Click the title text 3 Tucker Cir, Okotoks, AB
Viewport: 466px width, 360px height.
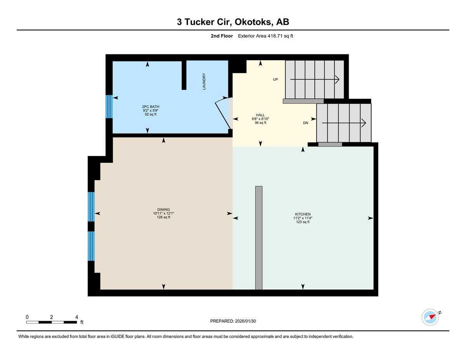coord(233,22)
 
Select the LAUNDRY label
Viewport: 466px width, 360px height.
coord(204,82)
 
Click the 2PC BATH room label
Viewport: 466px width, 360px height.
coord(151,110)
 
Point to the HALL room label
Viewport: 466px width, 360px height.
coord(260,119)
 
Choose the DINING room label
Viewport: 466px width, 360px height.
coord(163,213)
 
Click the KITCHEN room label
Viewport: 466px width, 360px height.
coord(303,218)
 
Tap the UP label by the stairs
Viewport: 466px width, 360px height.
coord(275,80)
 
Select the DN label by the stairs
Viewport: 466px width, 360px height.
coord(306,123)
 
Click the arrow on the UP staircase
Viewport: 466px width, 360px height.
coord(315,80)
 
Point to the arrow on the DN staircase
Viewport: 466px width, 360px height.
coord(344,123)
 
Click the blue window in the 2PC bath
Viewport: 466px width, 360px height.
coord(109,106)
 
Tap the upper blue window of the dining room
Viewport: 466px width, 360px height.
coord(91,207)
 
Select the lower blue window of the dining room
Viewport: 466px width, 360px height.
coord(91,246)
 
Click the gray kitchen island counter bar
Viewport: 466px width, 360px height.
coord(259,238)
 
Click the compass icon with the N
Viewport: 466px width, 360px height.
coord(430,317)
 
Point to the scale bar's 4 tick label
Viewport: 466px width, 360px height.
coord(77,317)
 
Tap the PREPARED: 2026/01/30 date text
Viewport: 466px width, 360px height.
coord(233,321)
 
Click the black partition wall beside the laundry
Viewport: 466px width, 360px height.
coord(184,75)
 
